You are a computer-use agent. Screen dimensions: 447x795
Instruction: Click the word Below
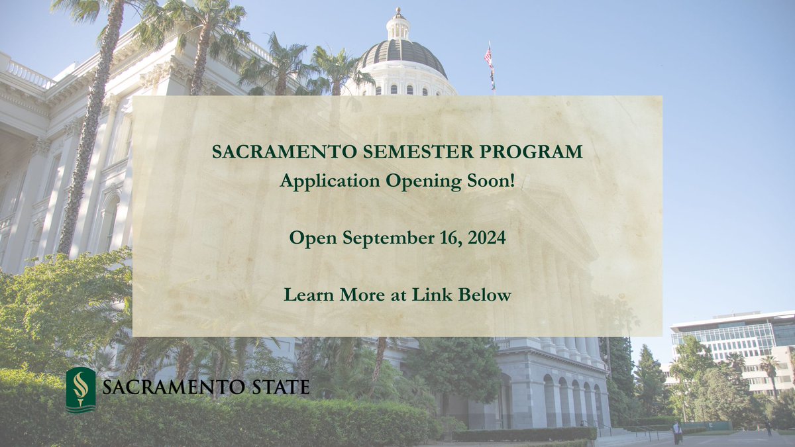click(x=487, y=295)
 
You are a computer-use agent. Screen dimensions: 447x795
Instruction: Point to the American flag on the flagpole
click(x=488, y=58)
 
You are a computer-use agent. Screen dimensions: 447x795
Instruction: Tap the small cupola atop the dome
click(x=397, y=25)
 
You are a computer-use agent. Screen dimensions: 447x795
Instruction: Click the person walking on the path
click(x=676, y=432)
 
